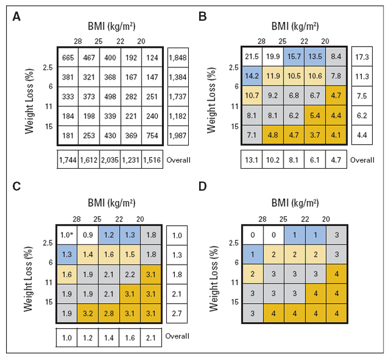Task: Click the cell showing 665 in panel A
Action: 68,57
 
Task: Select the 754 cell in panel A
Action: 152,136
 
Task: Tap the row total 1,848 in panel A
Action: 178,57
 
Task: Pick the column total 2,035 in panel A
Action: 110,160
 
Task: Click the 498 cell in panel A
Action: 110,97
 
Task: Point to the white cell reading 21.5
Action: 252,57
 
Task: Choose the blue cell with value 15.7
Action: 294,57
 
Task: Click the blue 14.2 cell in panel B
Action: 252,76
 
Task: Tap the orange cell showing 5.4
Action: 315,116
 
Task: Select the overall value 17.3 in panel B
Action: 362,57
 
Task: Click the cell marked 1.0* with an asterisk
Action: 67,235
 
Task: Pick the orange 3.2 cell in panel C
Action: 88,313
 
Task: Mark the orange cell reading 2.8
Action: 109,313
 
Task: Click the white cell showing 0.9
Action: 88,235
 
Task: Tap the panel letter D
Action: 203,186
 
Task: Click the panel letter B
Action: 203,17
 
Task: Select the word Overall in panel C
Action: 177,336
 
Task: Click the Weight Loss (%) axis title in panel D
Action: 214,279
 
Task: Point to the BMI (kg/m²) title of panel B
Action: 295,26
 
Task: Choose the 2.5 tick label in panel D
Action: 233,243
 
